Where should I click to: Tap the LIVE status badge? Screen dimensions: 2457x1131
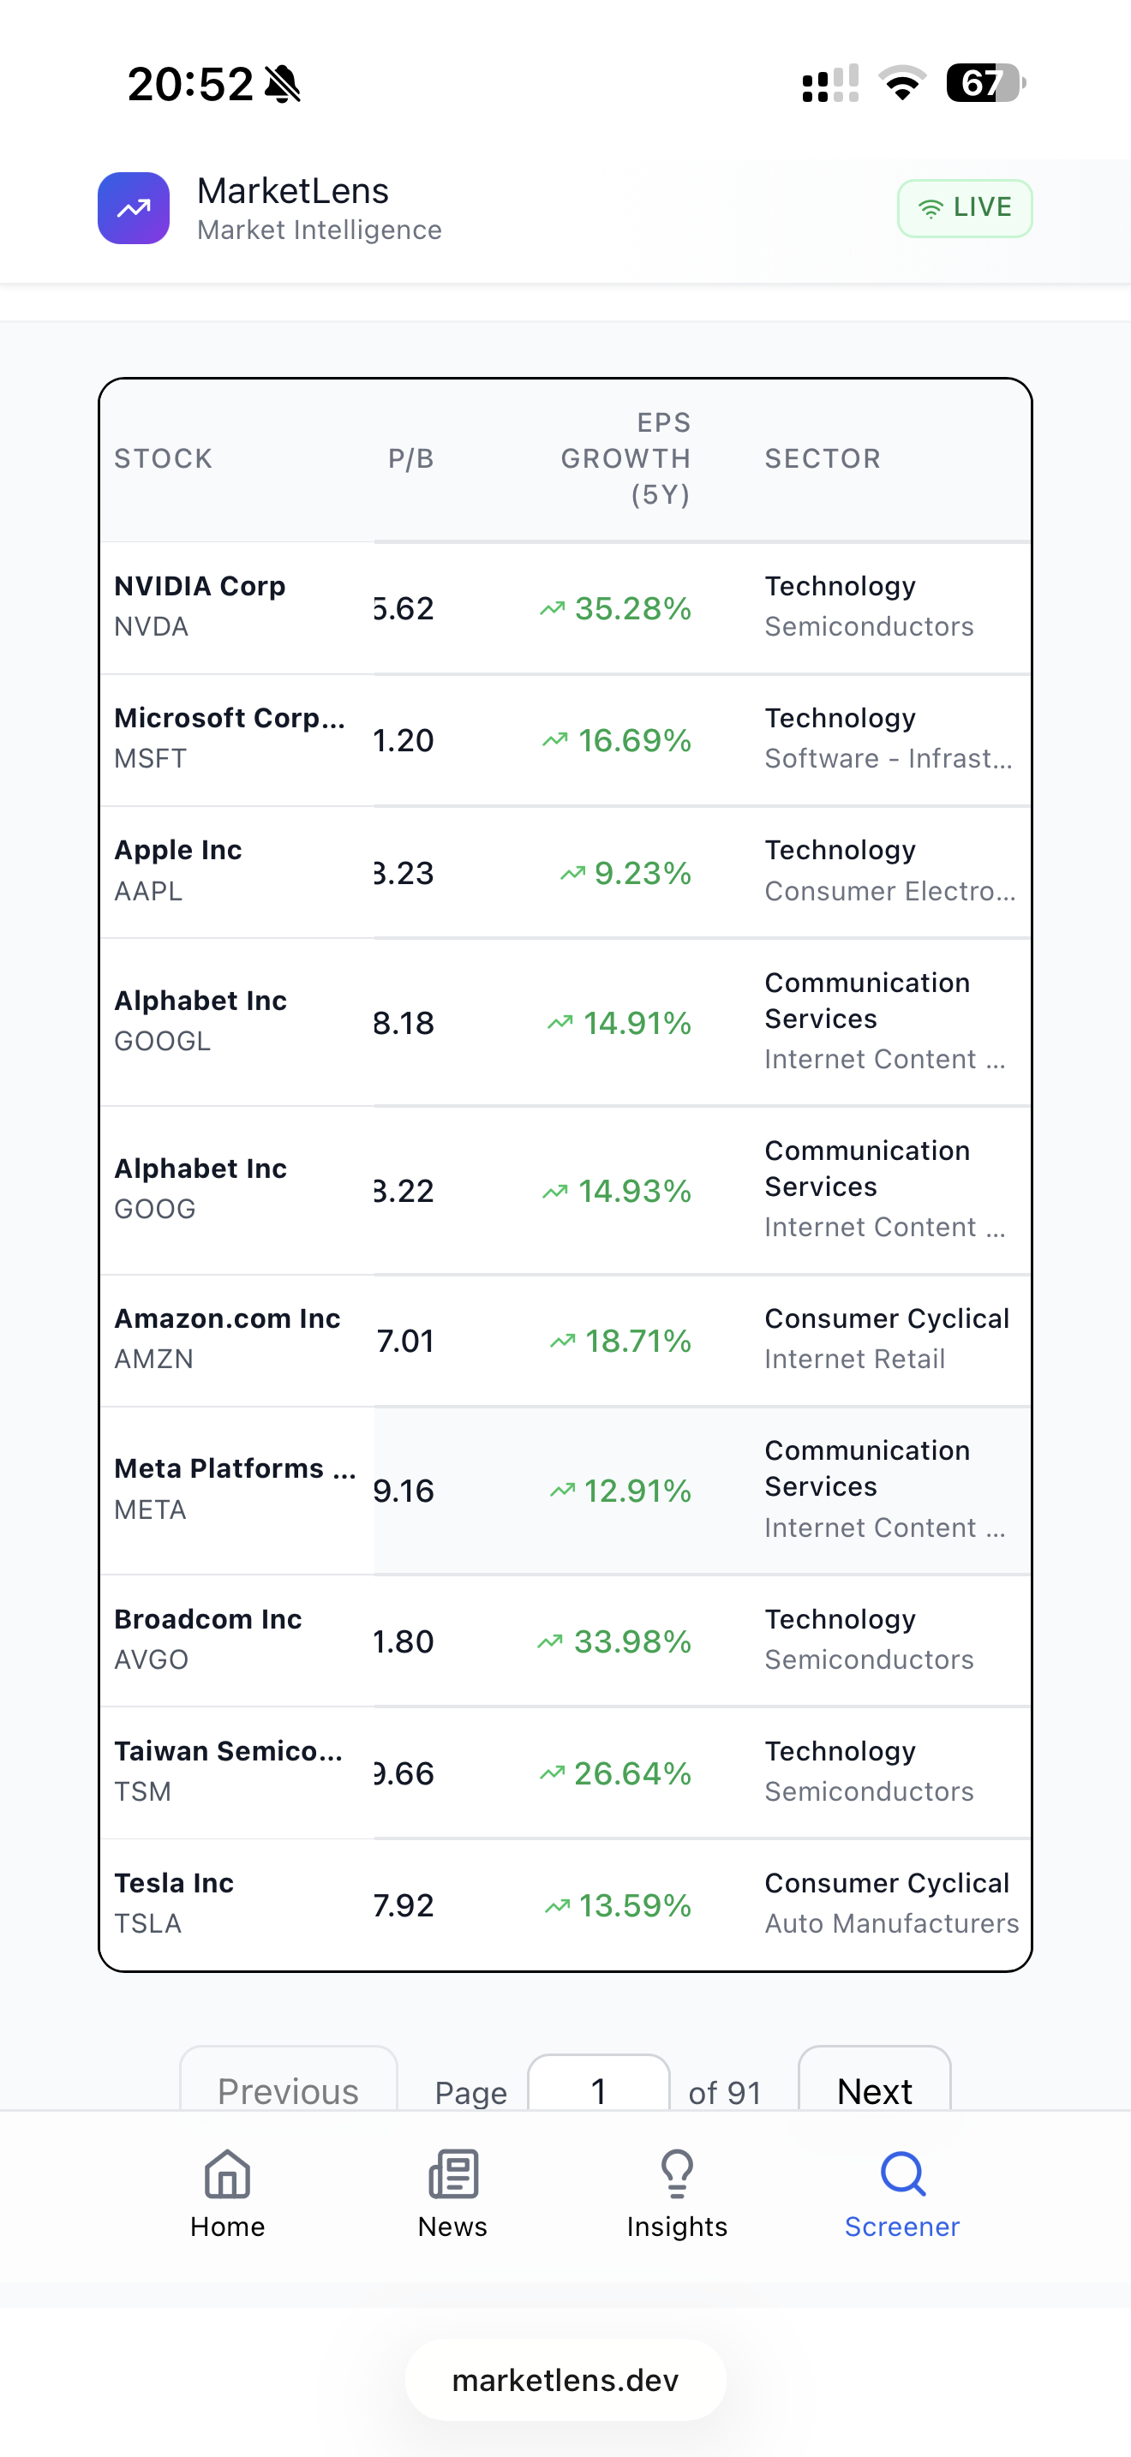964,208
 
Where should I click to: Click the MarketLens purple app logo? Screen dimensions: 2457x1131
134,208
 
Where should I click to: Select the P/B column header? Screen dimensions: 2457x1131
411,459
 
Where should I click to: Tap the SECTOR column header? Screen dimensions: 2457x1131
822,459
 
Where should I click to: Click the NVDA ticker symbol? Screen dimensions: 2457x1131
152,626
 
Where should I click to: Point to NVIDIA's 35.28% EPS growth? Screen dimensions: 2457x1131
631,608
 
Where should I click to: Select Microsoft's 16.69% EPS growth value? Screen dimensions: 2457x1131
633,740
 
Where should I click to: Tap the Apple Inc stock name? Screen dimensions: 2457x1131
178,850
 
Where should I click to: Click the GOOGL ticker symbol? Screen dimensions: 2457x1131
162,1041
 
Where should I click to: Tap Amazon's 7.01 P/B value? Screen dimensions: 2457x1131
405,1341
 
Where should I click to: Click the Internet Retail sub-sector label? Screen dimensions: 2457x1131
854,1360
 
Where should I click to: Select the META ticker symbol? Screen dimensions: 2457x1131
151,1509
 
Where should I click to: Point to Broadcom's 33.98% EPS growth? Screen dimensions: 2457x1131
631,1641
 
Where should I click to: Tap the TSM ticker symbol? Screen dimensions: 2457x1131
143,1791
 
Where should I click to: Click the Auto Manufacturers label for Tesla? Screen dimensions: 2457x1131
891,1923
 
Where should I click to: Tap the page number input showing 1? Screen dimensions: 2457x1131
598,2090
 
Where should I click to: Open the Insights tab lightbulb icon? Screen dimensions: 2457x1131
677,2173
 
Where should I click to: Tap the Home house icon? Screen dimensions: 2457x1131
227,2173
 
